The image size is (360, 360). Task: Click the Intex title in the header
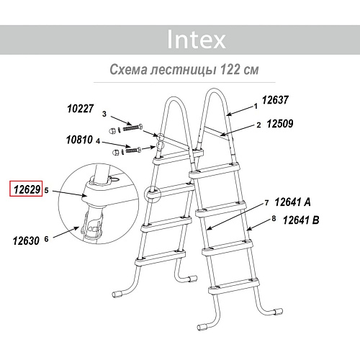coord(197,39)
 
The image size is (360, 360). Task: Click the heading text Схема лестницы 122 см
coord(183,71)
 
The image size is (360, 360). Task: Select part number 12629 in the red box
coord(26,190)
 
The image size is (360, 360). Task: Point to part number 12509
coord(279,125)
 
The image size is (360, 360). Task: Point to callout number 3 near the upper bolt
coord(104,114)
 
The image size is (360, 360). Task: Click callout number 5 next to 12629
coord(46,190)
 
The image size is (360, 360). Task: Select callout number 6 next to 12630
coord(46,239)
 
